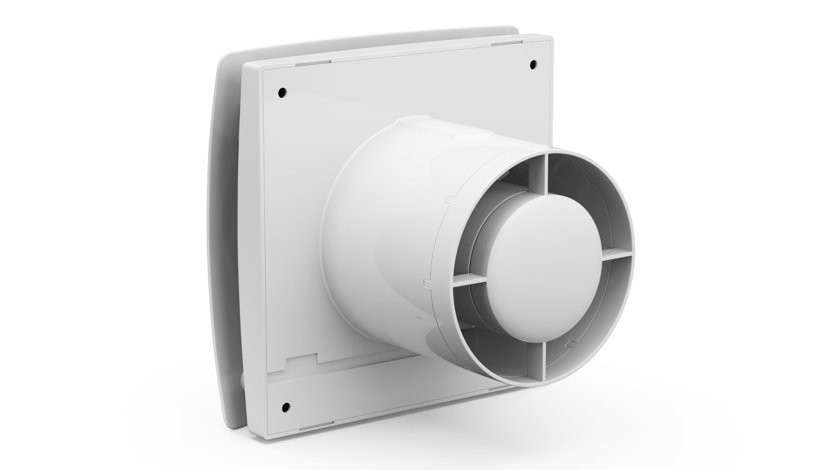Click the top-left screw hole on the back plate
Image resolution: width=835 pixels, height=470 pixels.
282,92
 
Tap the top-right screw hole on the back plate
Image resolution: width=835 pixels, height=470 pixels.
532,65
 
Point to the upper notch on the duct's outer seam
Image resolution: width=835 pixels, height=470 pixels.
447,201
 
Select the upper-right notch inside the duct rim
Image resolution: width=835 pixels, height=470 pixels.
589,179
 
